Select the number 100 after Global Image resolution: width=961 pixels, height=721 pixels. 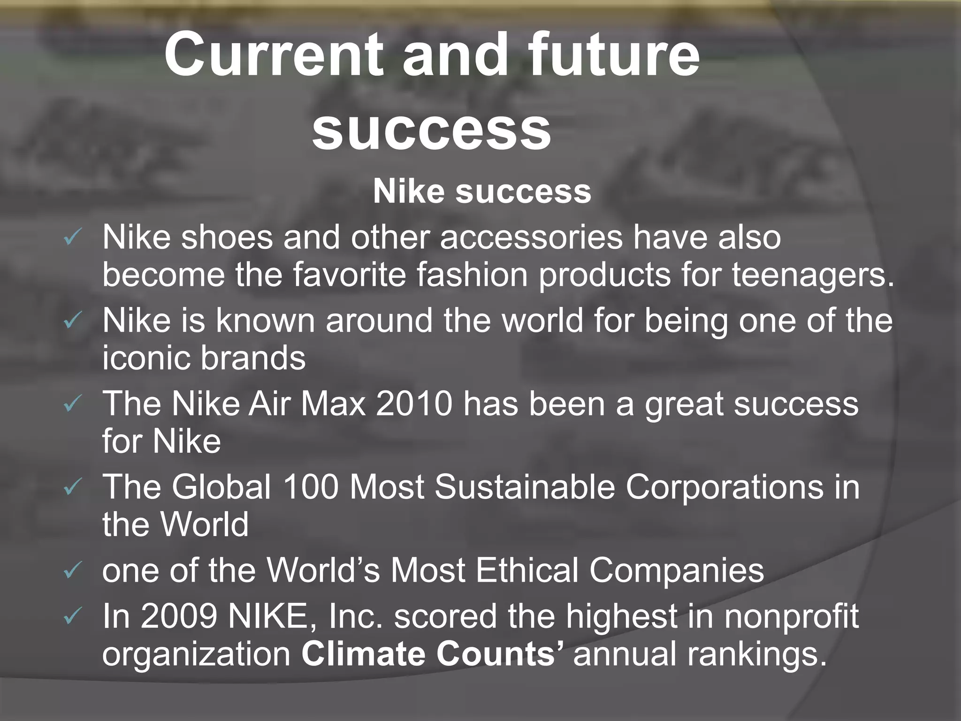[x=310, y=487]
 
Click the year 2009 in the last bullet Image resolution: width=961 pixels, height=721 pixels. [x=179, y=616]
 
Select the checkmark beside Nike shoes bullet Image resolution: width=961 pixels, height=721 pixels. [x=73, y=238]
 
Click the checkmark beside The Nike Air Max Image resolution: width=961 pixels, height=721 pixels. [x=73, y=404]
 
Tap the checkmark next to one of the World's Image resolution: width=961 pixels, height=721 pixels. [x=73, y=571]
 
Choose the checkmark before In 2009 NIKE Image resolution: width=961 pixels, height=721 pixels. [x=73, y=617]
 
